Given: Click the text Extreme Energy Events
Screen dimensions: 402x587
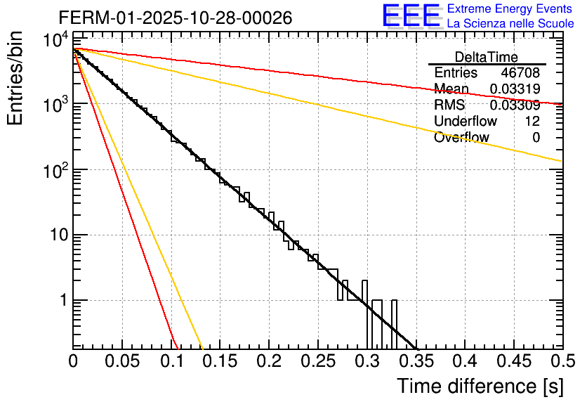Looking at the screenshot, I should coord(510,9).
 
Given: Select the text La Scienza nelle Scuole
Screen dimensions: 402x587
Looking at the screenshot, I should coord(510,24).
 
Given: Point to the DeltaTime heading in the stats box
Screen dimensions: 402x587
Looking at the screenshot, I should coord(487,57).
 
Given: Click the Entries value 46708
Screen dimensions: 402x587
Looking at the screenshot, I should coord(520,72).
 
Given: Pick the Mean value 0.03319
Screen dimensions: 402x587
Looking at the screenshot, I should coord(515,89).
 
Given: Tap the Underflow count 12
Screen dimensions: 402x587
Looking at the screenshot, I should coord(532,121).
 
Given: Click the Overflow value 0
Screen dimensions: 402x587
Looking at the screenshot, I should coord(536,137).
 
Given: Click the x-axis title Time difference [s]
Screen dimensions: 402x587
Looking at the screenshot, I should coord(479,386).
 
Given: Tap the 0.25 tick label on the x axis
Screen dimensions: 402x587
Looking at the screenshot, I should coord(317,361).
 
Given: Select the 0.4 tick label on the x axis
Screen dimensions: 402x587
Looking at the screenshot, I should coord(464,361).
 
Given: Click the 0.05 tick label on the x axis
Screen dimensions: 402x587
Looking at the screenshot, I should coord(121,361).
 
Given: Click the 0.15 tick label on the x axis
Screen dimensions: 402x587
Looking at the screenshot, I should coord(220,361).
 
